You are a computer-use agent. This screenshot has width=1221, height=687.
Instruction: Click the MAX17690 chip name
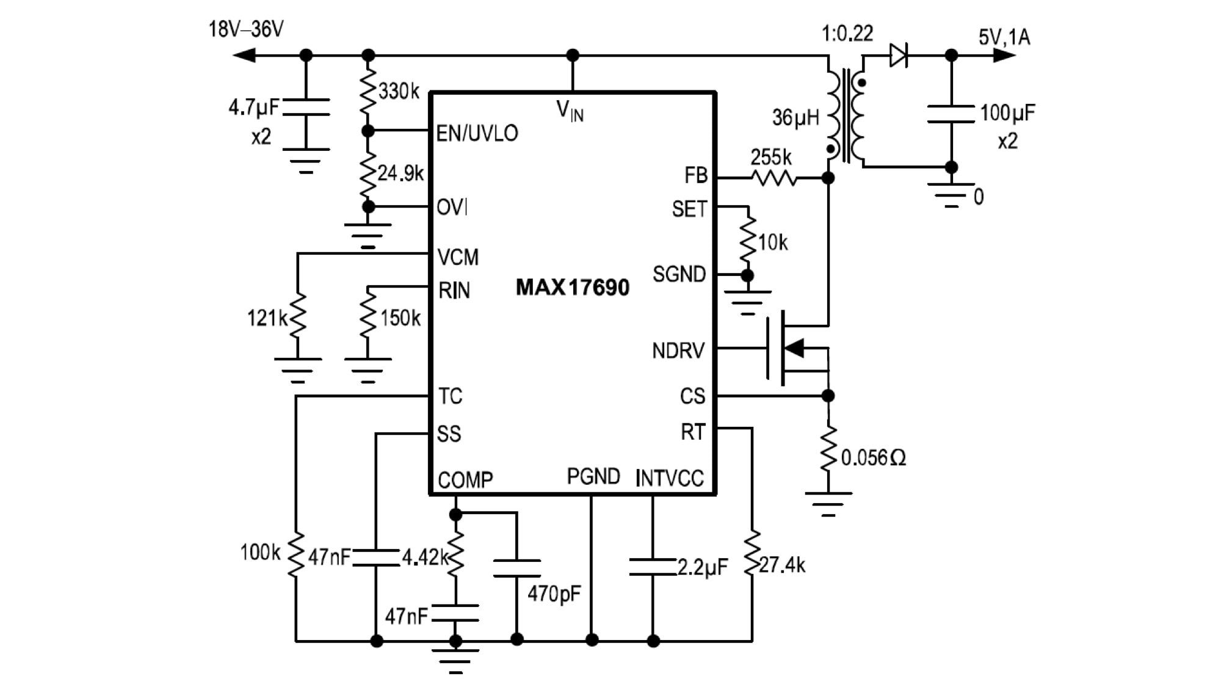point(572,287)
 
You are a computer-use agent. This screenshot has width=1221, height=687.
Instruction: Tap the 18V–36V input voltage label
point(246,29)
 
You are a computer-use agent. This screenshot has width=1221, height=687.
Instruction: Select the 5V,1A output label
point(1004,37)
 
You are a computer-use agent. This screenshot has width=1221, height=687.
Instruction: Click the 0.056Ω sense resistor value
point(873,457)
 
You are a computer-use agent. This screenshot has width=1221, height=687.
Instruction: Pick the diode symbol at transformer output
point(898,56)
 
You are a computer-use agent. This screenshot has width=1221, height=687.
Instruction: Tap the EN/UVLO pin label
point(477,133)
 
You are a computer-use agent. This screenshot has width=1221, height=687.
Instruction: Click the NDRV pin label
point(678,351)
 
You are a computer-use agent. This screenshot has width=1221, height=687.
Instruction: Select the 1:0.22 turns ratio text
point(847,34)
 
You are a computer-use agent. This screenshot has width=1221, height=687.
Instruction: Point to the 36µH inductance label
point(795,117)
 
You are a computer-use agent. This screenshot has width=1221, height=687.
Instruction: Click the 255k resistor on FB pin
point(773,178)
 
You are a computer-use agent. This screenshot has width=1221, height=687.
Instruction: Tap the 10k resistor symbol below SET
point(747,241)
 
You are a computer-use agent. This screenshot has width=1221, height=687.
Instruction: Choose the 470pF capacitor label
point(554,593)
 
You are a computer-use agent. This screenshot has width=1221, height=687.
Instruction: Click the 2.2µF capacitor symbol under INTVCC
point(653,567)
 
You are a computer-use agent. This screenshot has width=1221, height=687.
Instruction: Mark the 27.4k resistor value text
point(782,565)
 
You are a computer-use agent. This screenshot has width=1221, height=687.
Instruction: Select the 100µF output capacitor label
point(1007,113)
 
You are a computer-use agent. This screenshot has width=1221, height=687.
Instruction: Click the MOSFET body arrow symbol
point(794,348)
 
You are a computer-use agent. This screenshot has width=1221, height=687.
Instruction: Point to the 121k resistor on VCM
point(297,316)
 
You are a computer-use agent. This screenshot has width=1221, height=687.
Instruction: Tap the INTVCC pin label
point(669,478)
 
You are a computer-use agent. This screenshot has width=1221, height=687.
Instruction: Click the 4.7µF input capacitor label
point(253,108)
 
